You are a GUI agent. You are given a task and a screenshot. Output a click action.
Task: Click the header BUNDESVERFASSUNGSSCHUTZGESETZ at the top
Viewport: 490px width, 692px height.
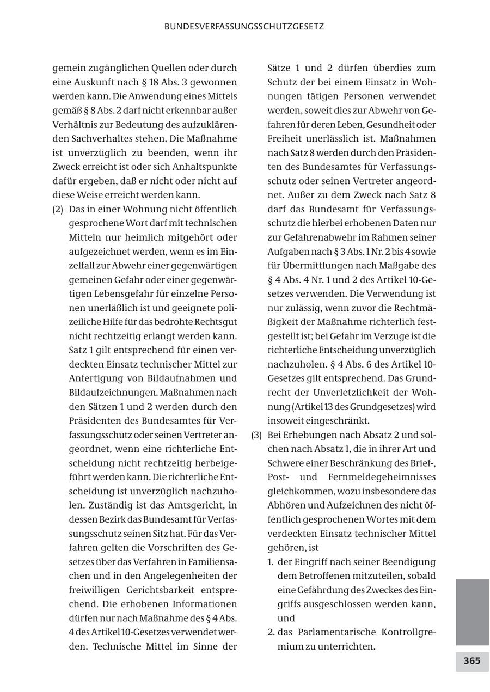[x=244, y=26]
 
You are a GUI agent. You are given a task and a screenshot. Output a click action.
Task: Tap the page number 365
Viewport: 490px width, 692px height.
[x=472, y=661]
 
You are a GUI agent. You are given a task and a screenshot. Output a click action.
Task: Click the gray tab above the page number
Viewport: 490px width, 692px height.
[x=472, y=612]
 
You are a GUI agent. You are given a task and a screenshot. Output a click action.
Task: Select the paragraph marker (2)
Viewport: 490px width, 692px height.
[x=58, y=209]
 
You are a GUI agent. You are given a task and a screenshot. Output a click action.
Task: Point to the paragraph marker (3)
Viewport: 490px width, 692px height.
[x=256, y=435]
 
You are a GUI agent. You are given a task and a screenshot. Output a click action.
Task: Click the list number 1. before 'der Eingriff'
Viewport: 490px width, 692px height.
[x=271, y=562]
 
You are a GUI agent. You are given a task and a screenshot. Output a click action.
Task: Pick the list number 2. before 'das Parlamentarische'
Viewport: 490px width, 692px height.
[x=271, y=633]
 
